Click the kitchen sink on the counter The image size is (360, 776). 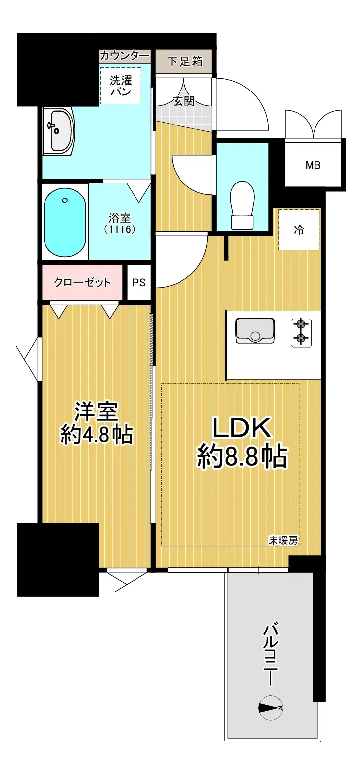pos(255,330)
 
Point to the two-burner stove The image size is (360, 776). pos(301,332)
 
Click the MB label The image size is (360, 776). pos(313,165)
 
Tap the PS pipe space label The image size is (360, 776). pos(138,282)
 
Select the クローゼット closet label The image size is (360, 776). pos(82,283)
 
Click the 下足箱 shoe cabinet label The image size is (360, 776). pos(184,62)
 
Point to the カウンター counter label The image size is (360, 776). pos(125,55)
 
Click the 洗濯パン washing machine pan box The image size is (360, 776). pos(121,85)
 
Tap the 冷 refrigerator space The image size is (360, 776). pos(299,229)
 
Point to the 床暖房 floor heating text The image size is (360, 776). pos(283,540)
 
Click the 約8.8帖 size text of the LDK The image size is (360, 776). pos(242,457)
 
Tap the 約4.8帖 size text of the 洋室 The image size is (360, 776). pos(96,434)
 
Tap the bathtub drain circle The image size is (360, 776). pos(64,200)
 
